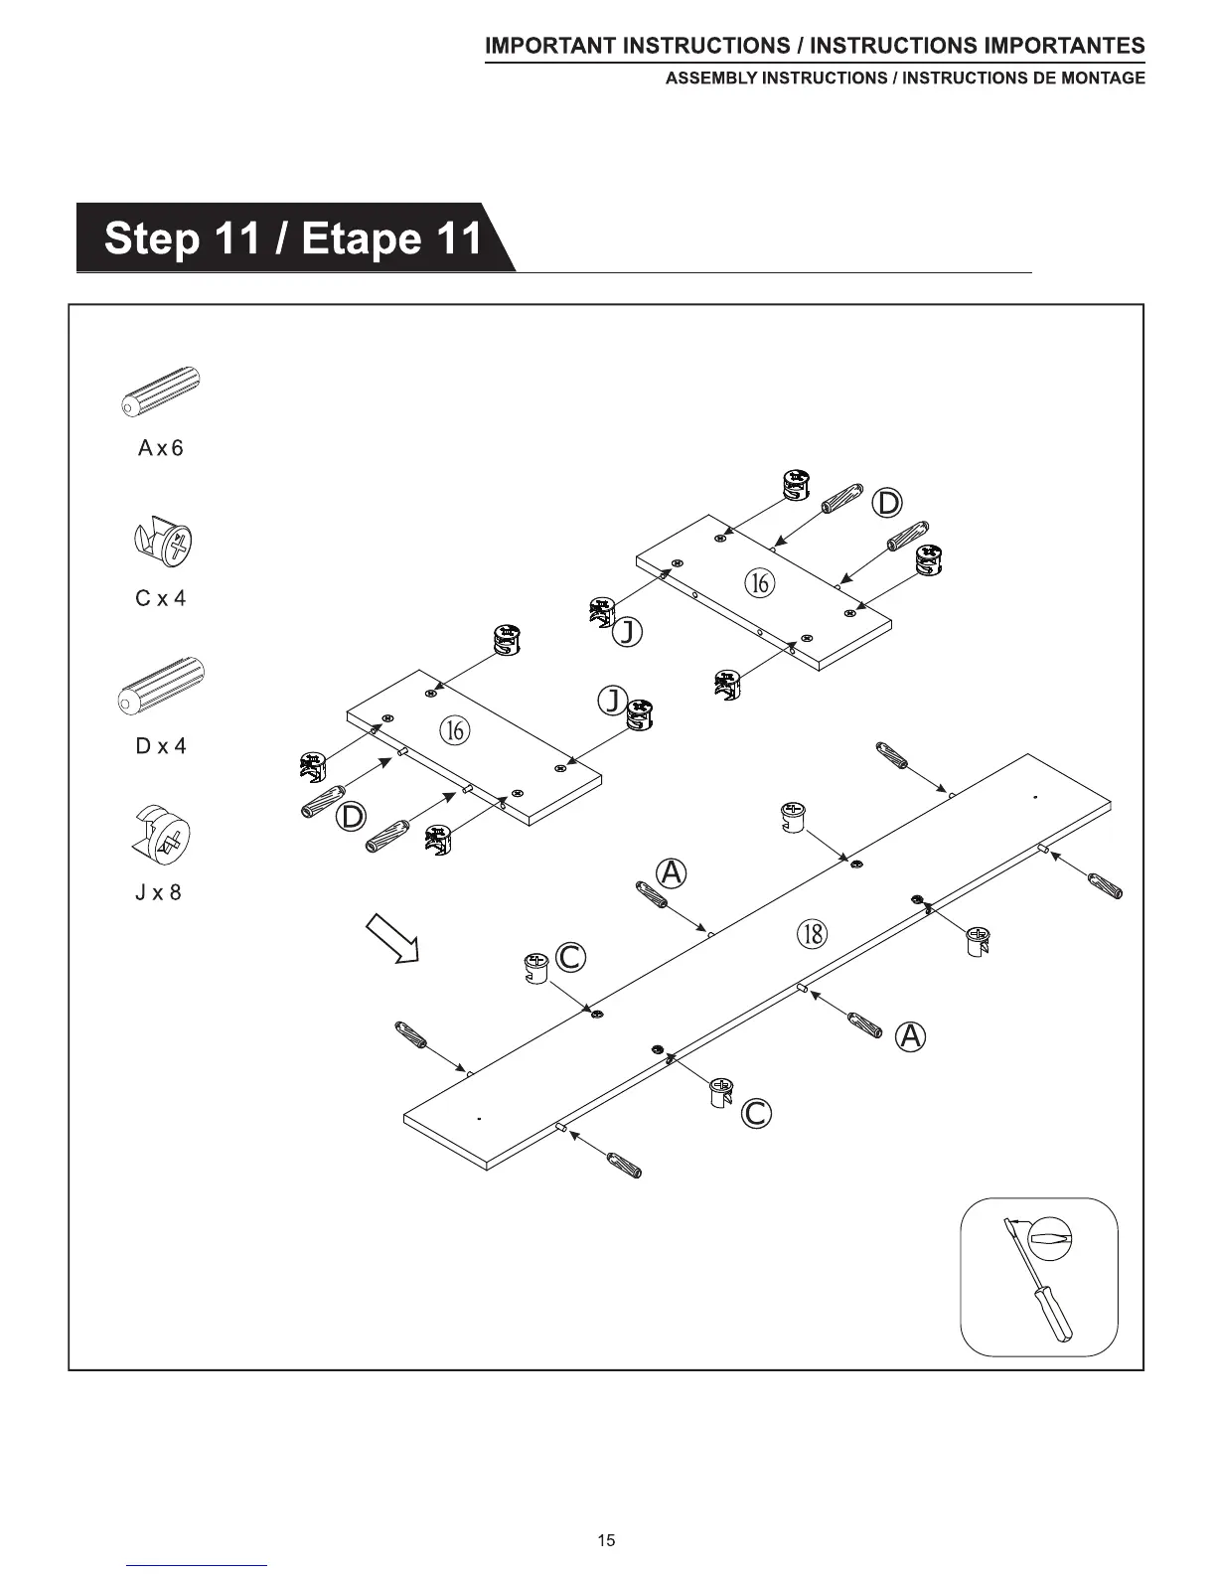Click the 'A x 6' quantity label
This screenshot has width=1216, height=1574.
(160, 448)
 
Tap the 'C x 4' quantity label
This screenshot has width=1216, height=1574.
(160, 598)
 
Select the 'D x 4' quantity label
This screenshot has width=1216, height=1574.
(160, 746)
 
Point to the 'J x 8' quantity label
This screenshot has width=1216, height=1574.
(159, 892)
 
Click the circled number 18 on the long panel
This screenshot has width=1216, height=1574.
(812, 933)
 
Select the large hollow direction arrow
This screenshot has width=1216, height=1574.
(392, 939)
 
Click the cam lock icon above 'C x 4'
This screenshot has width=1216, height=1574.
(163, 543)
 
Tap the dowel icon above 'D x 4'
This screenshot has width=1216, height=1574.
(161, 686)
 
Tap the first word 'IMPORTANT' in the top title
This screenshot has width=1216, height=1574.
(549, 47)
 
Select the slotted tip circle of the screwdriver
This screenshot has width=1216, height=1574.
(1051, 1238)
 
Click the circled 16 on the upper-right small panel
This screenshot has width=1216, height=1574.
(759, 582)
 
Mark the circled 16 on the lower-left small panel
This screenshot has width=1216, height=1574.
(453, 730)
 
